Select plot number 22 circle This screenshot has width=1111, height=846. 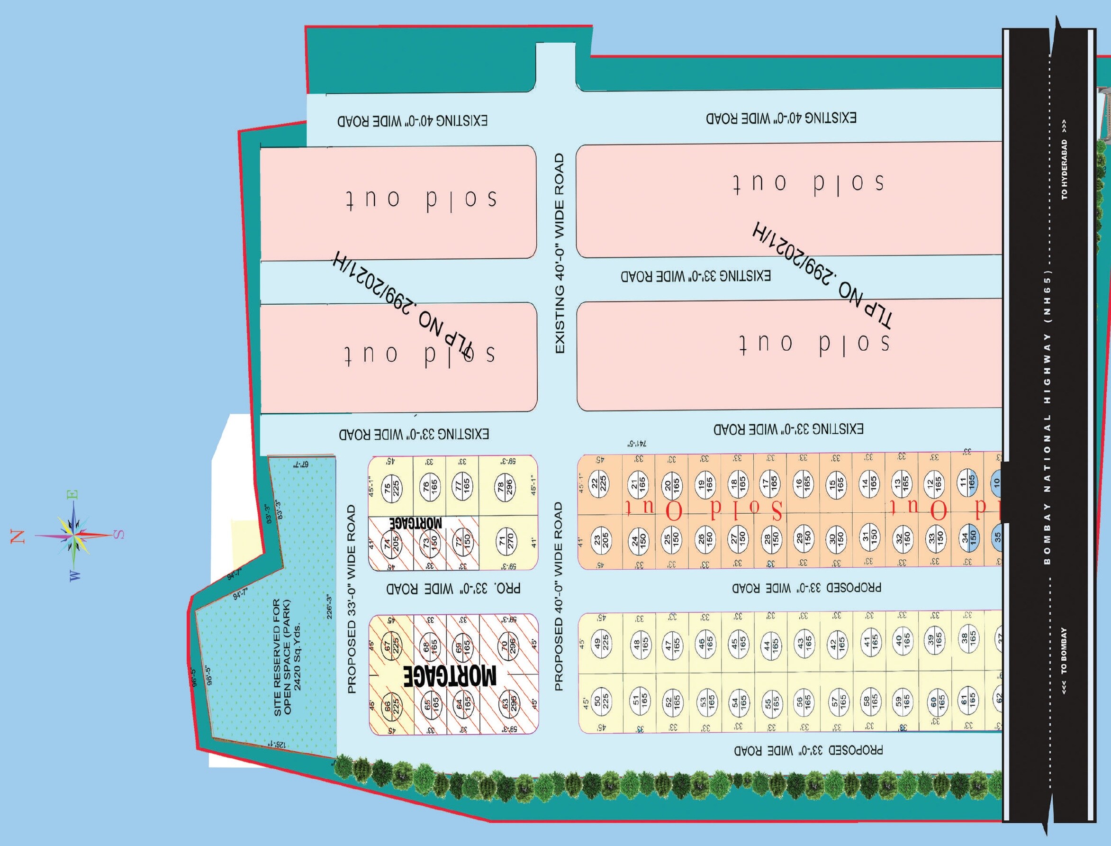pyautogui.click(x=598, y=483)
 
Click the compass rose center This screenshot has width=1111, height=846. pyautogui.click(x=74, y=535)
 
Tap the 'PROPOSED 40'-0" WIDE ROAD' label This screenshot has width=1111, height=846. pyautogui.click(x=558, y=596)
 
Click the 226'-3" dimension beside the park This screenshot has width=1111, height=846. pyautogui.click(x=330, y=607)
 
